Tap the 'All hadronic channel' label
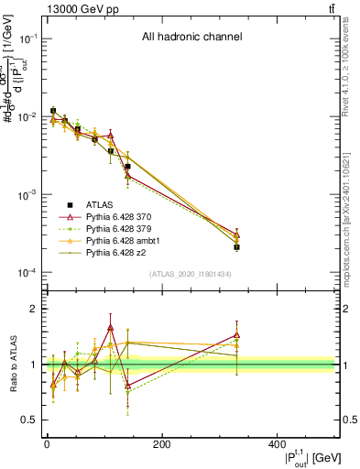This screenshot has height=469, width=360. [191, 38]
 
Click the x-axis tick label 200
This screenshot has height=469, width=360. [161, 444]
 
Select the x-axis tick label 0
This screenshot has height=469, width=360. [47, 444]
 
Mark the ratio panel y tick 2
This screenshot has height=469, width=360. [34, 309]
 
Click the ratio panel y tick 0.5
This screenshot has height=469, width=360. [30, 420]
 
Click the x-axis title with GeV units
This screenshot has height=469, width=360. [299, 457]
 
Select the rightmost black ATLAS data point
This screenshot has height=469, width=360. [236, 247]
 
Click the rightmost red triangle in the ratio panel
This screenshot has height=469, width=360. [236, 334]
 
